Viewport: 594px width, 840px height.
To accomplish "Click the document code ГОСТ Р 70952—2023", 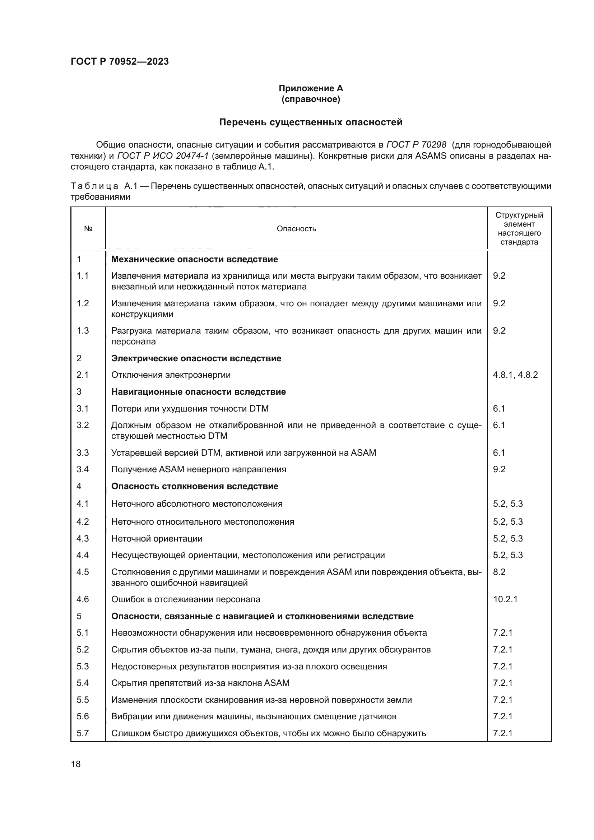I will [x=120, y=61].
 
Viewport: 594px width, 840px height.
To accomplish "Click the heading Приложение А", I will [x=311, y=88].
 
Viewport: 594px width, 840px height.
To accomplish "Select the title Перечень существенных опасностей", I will [x=311, y=122].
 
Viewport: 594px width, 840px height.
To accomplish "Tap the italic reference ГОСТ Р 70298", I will [x=416, y=145].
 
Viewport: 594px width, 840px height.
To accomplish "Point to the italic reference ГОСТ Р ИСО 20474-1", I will [x=163, y=156].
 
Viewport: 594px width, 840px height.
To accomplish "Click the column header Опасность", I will [x=296, y=229].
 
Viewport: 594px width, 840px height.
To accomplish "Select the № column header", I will [x=88, y=229].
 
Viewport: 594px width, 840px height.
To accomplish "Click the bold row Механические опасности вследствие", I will [x=194, y=259].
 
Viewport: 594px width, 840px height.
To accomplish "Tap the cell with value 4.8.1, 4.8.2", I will [x=515, y=375].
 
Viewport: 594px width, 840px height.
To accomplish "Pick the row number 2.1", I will [x=82, y=375].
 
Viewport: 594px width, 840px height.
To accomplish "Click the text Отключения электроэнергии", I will [x=171, y=375].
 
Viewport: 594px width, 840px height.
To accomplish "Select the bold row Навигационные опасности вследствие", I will [x=198, y=392].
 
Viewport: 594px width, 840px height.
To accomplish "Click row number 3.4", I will [x=82, y=469].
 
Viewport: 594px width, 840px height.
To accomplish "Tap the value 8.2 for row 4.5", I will [x=499, y=572].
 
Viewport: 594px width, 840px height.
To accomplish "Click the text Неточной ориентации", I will [x=157, y=539].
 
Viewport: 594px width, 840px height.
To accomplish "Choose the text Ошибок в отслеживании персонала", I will [x=186, y=599].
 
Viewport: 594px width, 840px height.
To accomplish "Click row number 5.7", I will [x=82, y=733].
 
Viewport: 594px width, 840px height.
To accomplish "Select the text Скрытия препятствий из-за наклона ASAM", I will [x=200, y=683].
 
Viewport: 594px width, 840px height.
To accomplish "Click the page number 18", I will [x=76, y=764].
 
